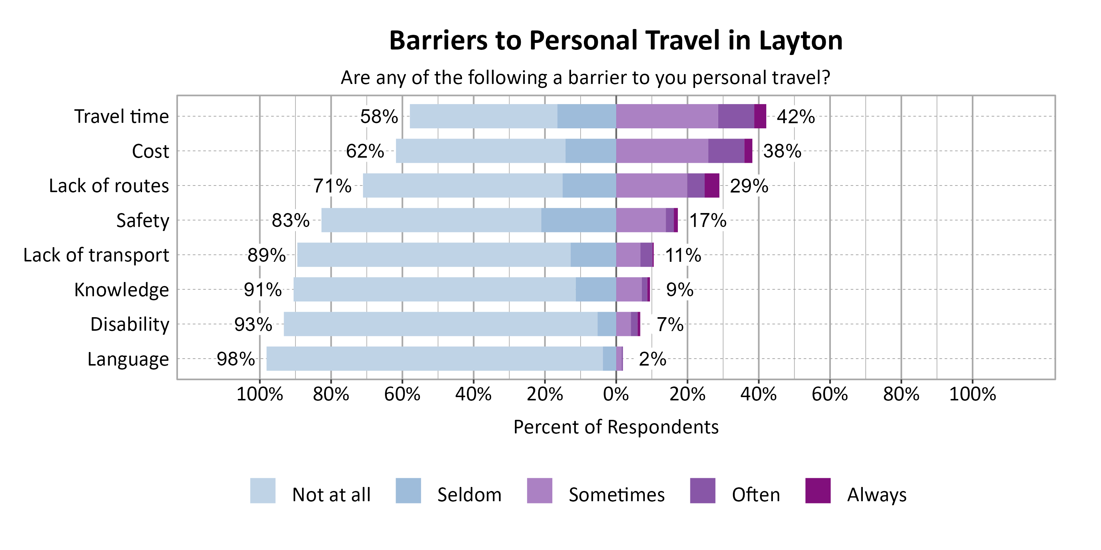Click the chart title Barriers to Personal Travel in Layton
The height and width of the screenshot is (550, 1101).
(x=615, y=41)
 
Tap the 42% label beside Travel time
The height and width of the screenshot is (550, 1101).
(x=795, y=117)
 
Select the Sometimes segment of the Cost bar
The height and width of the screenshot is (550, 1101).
(x=662, y=151)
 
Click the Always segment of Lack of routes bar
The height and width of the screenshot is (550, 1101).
(x=712, y=185)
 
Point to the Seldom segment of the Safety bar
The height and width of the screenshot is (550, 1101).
(x=578, y=220)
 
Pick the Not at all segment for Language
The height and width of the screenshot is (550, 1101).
(x=434, y=359)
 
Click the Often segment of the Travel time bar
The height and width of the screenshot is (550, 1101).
(x=735, y=116)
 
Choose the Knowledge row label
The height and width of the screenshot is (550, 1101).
(x=121, y=290)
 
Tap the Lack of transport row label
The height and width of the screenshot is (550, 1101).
(x=96, y=255)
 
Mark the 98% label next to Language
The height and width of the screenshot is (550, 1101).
(x=236, y=359)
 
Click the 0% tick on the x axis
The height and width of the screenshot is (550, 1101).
(x=615, y=394)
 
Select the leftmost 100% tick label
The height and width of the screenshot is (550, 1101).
(x=259, y=394)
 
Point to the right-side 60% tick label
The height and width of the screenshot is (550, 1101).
(x=829, y=394)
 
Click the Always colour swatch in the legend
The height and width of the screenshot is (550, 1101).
(x=818, y=491)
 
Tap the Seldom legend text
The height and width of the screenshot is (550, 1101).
(x=469, y=495)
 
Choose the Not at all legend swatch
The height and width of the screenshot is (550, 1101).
(x=262, y=491)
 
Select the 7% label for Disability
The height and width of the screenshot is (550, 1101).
(x=670, y=324)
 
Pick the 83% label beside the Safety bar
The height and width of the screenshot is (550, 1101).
(x=290, y=220)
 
